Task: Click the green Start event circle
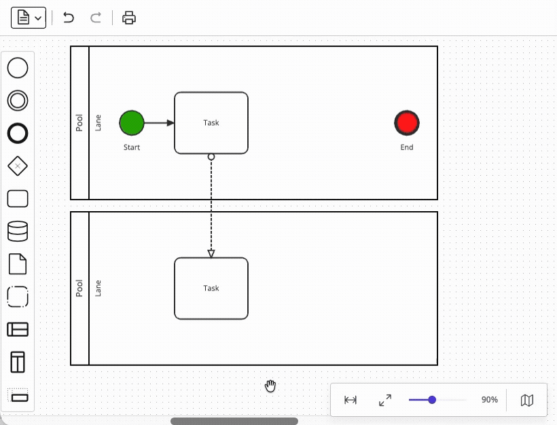(x=132, y=123)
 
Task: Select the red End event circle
(x=407, y=123)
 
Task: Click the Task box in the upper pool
(x=211, y=123)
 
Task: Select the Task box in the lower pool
(x=211, y=289)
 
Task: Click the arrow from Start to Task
(x=159, y=123)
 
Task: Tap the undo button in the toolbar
(x=69, y=18)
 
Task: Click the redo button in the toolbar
(x=96, y=18)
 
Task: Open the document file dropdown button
(x=29, y=18)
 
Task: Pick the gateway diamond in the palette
(x=18, y=166)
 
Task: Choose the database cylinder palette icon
(x=18, y=232)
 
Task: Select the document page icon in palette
(x=18, y=264)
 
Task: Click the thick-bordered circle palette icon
(x=18, y=133)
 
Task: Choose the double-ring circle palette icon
(x=18, y=100)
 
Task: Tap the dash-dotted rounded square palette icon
(x=18, y=297)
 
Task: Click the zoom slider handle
(x=432, y=400)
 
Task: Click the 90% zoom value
(x=489, y=400)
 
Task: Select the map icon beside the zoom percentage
(x=527, y=400)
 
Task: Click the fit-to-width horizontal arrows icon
(x=351, y=400)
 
